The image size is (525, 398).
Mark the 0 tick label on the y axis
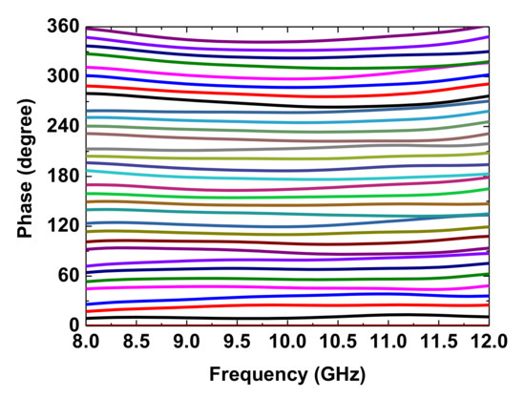73,325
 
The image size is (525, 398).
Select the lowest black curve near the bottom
286,317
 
